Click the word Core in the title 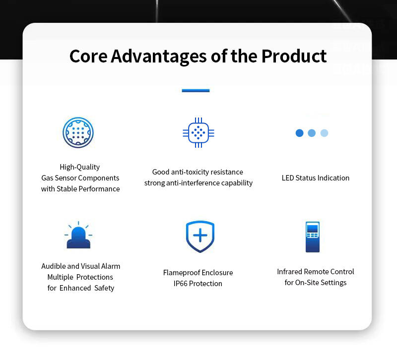click(88, 56)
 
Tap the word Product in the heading click(294, 56)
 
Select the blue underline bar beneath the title click(196, 91)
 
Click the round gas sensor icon click(78, 132)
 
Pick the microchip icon click(198, 132)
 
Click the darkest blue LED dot click(300, 133)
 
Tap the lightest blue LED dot click(325, 133)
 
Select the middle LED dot click(312, 133)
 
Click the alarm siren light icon click(78, 235)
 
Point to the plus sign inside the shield click(200, 235)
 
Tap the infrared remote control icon click(313, 237)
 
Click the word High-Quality click(80, 167)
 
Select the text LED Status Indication click(316, 178)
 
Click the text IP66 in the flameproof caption click(180, 284)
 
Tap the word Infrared click(290, 272)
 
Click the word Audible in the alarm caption click(53, 266)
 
